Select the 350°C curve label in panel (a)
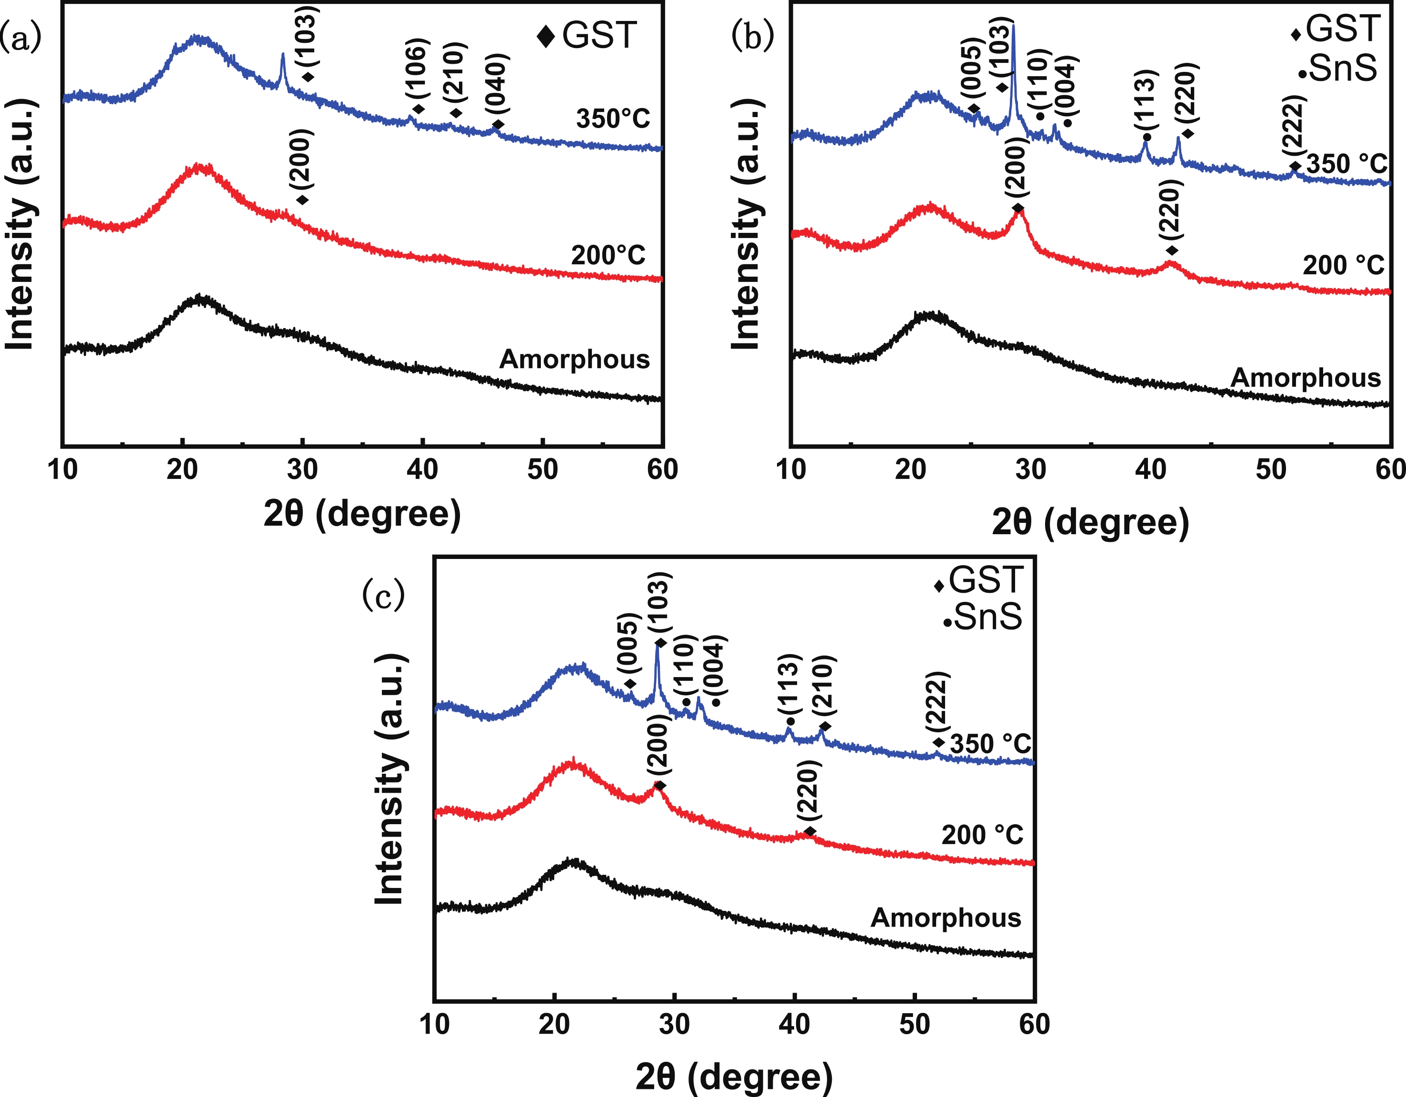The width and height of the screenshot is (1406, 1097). (613, 119)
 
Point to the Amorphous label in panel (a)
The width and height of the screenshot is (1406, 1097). (574, 359)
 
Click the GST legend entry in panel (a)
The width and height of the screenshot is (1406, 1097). (587, 35)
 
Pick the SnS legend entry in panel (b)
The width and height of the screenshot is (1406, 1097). (1338, 68)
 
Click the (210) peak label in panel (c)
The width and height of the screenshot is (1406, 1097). (825, 686)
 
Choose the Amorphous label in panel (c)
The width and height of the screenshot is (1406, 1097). (946, 917)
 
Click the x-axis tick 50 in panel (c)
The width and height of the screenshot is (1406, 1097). (915, 1024)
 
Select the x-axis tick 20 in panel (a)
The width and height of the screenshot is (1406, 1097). (182, 470)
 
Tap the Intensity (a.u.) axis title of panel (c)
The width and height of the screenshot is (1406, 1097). (391, 779)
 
